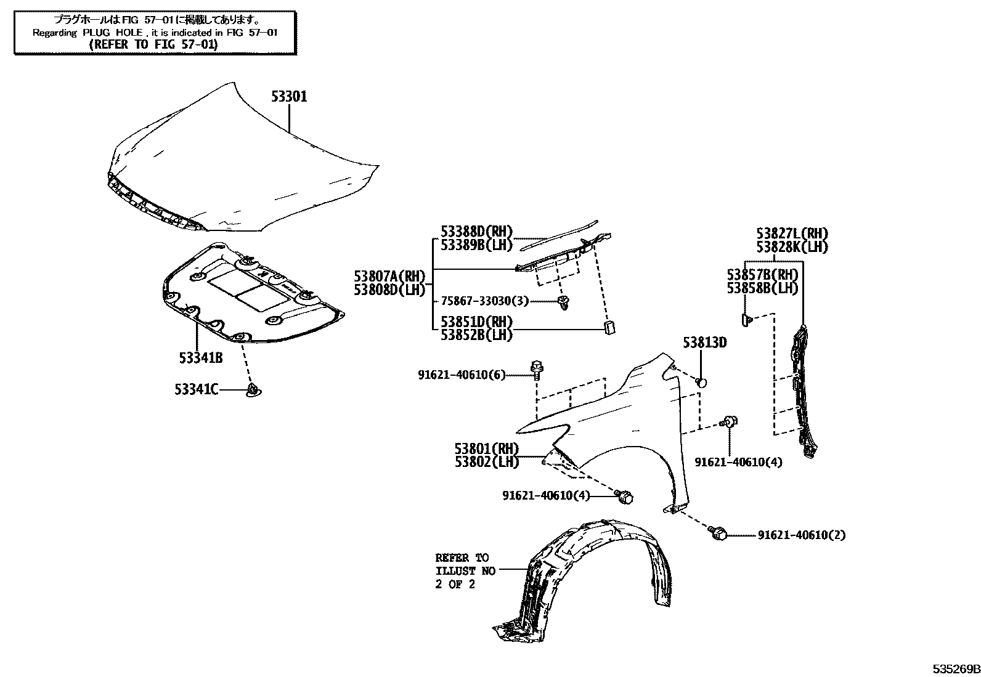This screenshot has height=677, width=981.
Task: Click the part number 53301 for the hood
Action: (290, 97)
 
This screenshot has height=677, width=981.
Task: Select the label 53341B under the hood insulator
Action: (201, 358)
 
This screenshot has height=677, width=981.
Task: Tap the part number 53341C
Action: (196, 389)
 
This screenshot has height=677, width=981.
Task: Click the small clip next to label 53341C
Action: (253, 390)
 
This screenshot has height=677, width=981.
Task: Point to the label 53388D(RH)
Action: (476, 232)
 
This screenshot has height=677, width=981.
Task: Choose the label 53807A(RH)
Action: (390, 277)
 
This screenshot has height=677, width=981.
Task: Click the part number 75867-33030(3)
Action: (485, 301)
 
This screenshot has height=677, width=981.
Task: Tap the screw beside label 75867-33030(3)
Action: (563, 301)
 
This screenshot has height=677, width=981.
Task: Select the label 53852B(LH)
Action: (476, 334)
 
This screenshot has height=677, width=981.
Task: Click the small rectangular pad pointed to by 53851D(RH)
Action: (609, 327)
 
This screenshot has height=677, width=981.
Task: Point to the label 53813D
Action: (704, 343)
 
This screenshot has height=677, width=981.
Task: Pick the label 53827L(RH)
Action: (792, 234)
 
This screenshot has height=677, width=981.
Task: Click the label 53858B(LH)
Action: (762, 288)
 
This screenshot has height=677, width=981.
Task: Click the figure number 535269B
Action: (955, 669)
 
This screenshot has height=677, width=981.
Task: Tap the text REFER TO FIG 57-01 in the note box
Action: (154, 44)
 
